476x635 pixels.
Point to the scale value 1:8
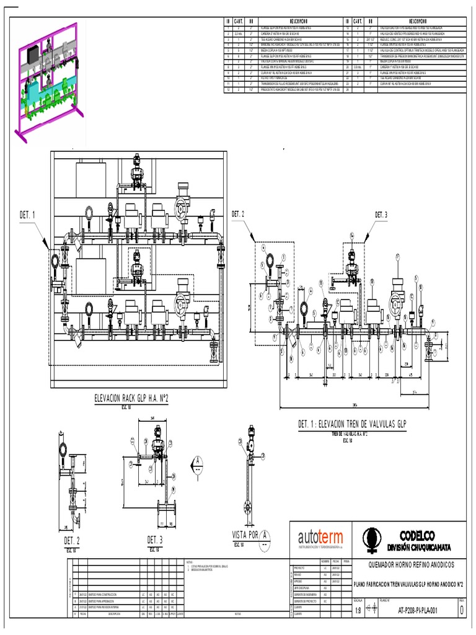358,610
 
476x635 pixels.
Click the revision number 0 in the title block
461,610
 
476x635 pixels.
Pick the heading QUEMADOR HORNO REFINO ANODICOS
412,565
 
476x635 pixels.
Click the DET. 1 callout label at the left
27,215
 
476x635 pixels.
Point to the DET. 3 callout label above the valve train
381,215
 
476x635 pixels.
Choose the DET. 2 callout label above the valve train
238,214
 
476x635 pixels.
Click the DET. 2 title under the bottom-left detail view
71,541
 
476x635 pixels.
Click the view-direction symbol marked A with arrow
196,463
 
